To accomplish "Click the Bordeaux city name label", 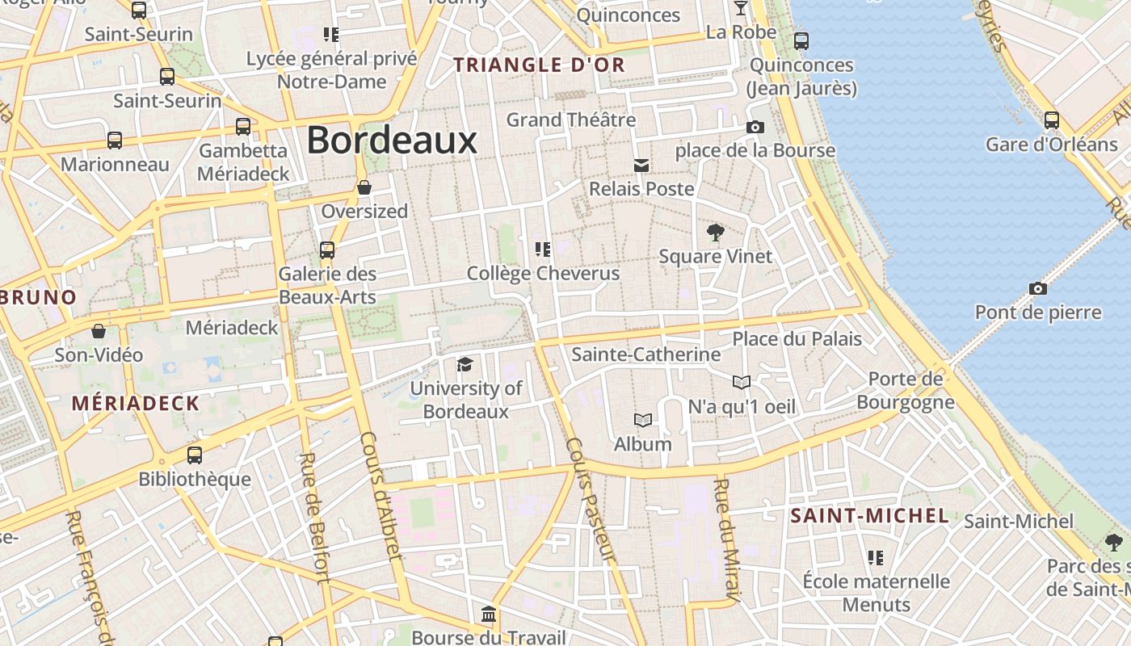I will click(x=392, y=141).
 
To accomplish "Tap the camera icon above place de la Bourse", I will click(x=755, y=127).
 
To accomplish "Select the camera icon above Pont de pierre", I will click(x=1038, y=288).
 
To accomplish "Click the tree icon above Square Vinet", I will click(x=715, y=233).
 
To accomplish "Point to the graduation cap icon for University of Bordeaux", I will click(x=465, y=365).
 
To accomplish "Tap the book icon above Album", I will click(x=643, y=420).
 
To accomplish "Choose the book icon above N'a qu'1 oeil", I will click(x=742, y=382).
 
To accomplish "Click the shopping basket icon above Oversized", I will click(x=364, y=187).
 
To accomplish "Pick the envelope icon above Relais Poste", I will click(x=641, y=166).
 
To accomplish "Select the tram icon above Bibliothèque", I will click(x=195, y=455).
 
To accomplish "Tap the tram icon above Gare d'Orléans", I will click(x=1051, y=120).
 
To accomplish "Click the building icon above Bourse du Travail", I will click(x=489, y=615).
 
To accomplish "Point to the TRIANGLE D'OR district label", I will click(x=540, y=65).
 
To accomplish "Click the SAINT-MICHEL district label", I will click(x=869, y=516).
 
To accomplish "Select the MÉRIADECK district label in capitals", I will click(x=135, y=404).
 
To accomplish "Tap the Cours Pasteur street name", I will click(x=591, y=500).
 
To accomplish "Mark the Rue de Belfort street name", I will click(x=313, y=517).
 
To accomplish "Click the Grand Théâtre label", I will click(x=571, y=120).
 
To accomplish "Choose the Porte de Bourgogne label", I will click(x=906, y=390).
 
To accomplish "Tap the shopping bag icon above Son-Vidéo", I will click(x=99, y=331).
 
